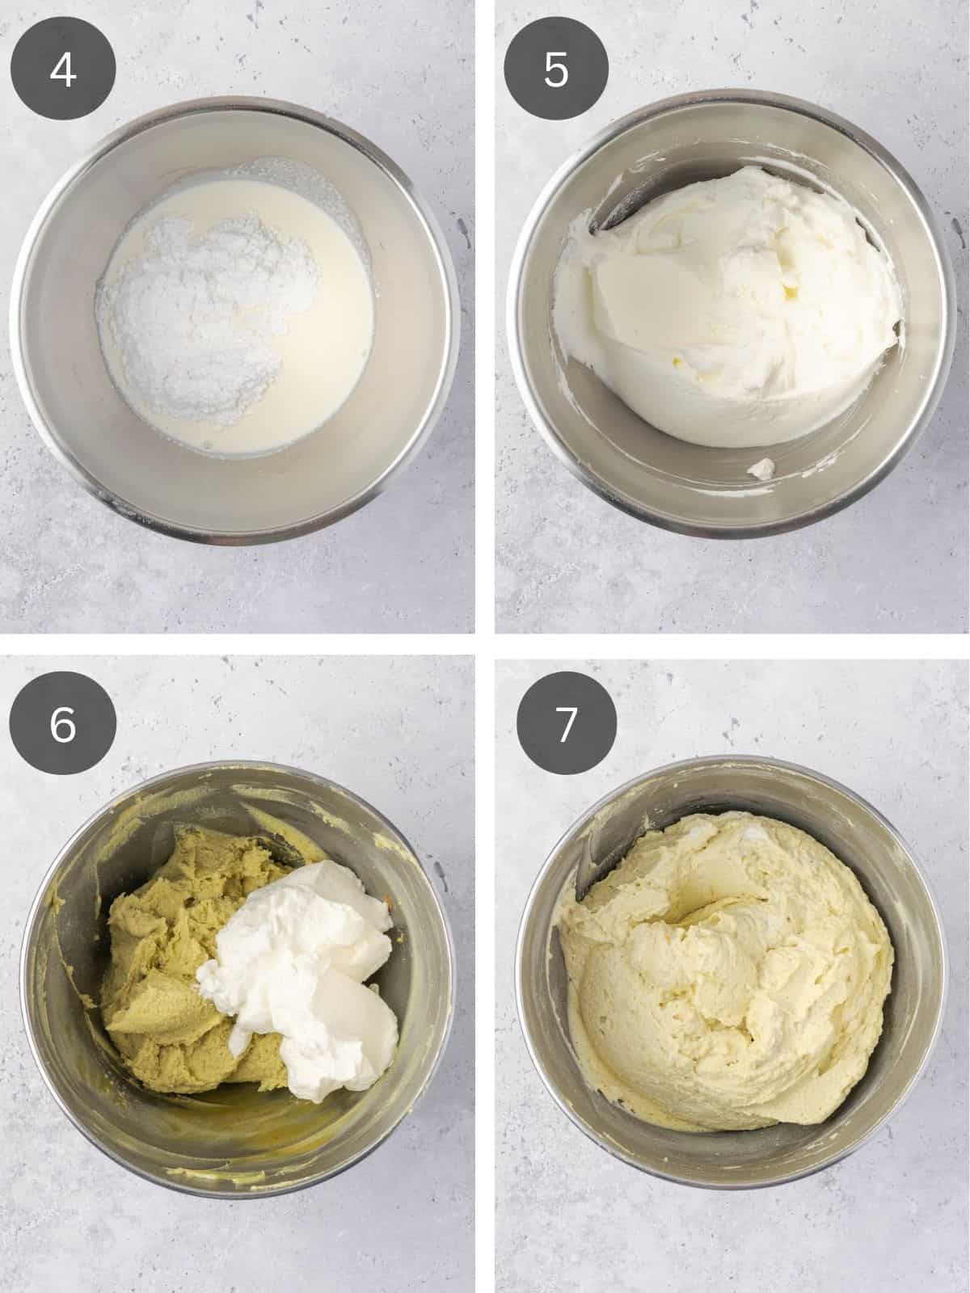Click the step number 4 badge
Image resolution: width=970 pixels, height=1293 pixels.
coord(63,70)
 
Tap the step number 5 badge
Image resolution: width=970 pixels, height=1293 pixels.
coord(556,70)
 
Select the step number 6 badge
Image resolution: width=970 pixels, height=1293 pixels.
coord(63,723)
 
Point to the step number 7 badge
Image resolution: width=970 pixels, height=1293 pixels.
coord(566,723)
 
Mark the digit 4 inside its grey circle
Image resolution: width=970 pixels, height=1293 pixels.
coord(63,70)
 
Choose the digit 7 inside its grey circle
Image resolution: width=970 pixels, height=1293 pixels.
coord(566,723)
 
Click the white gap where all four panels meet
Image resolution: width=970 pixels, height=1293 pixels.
coord(485,645)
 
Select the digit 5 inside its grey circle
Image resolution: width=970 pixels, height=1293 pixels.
coord(556,70)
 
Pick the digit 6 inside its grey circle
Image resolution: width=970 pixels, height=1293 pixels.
coord(63,723)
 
